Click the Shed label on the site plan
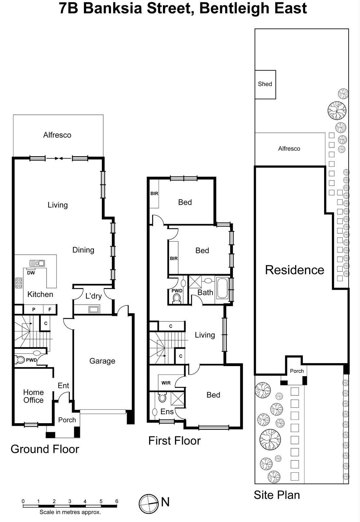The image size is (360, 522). click(x=265, y=84)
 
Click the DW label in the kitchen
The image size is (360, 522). click(x=31, y=273)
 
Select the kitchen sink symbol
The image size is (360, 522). click(x=37, y=263)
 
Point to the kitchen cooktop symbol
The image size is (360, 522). click(x=19, y=283)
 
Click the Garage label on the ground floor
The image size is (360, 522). click(x=102, y=361)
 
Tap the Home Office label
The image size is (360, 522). click(x=33, y=396)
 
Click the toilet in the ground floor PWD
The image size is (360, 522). click(x=21, y=360)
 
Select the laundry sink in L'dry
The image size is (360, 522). click(x=94, y=309)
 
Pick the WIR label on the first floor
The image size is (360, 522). click(x=166, y=383)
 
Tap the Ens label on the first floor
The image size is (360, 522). click(x=167, y=412)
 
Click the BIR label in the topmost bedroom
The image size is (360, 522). click(x=154, y=193)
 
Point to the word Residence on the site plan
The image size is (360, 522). click(x=294, y=270)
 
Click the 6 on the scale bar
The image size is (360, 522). click(x=117, y=501)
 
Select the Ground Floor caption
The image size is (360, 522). click(x=45, y=449)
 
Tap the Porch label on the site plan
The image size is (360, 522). click(x=297, y=371)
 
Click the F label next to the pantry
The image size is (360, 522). click(x=50, y=310)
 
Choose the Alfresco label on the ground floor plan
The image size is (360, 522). click(x=57, y=135)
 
